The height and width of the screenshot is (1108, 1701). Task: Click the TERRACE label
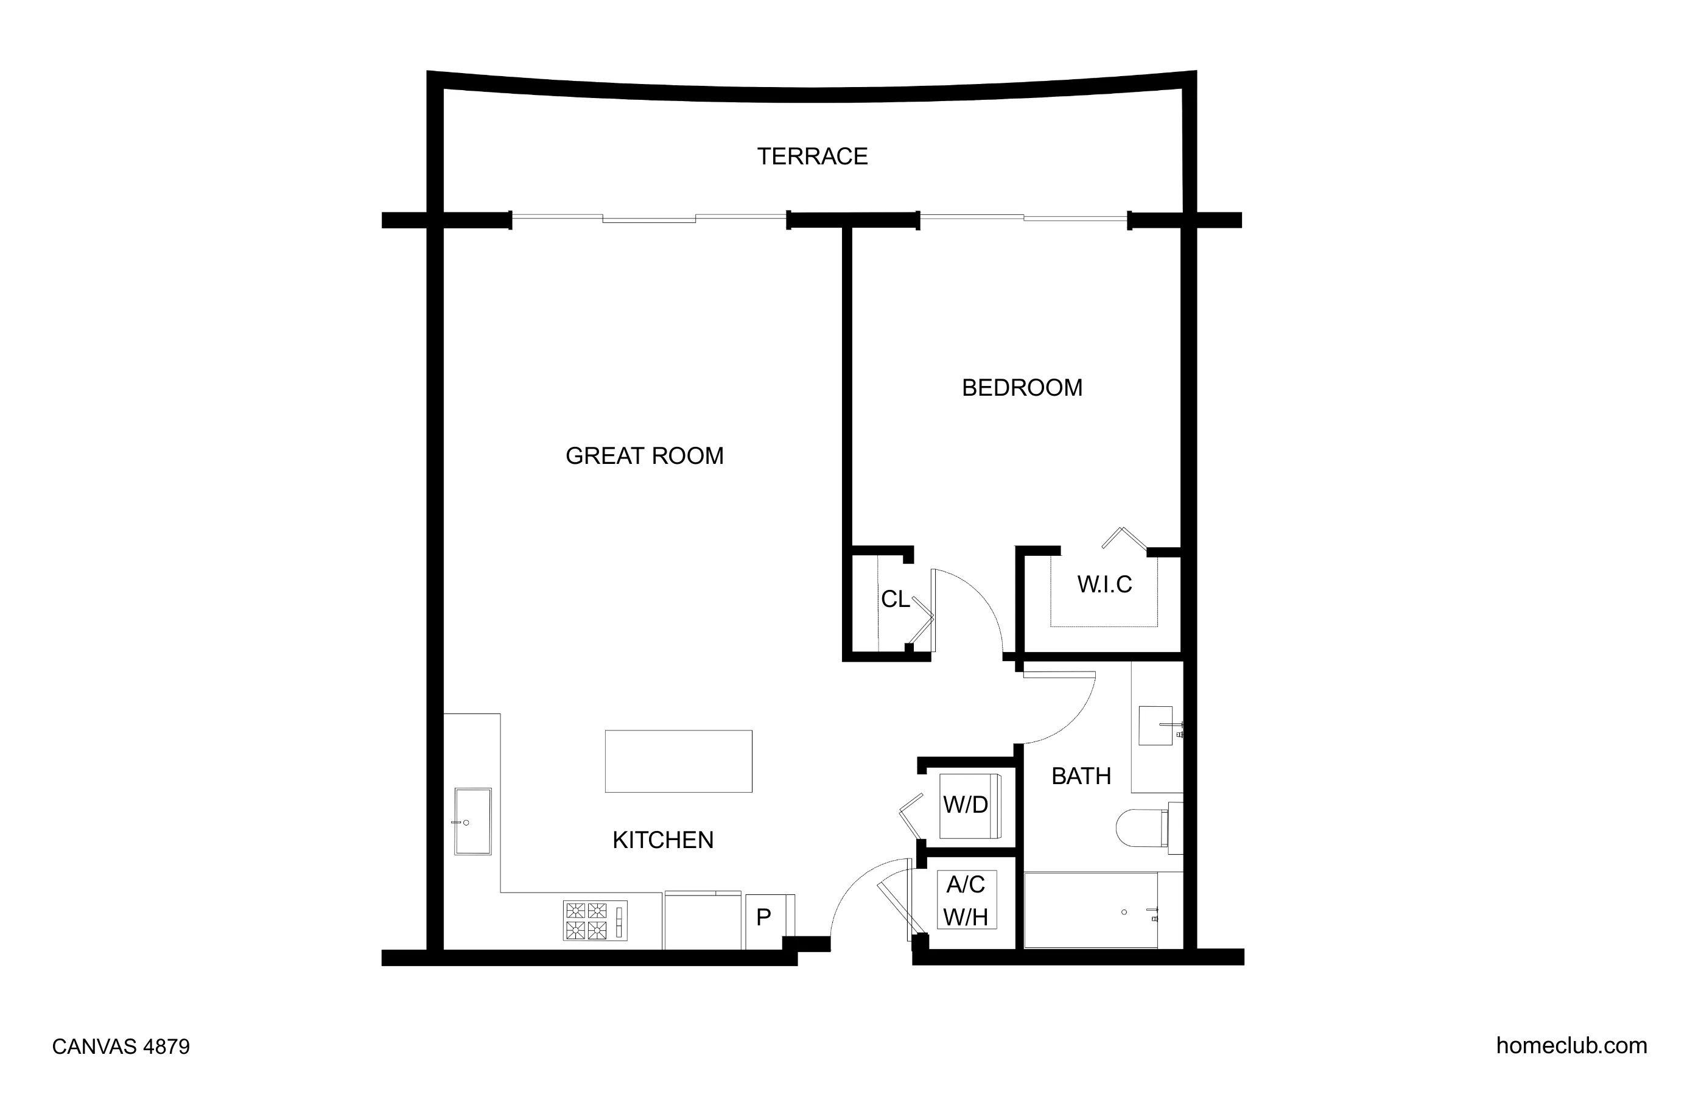pos(812,156)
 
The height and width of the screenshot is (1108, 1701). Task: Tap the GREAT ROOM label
pos(644,455)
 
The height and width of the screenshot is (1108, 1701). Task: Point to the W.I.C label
pos(1104,584)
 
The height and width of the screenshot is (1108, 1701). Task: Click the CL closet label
pos(895,599)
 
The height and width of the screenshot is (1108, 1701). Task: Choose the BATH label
pos(1081,776)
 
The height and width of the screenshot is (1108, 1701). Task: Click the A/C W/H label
pos(966,900)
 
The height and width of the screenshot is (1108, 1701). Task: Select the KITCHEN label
pos(662,840)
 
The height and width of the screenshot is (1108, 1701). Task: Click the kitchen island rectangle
pos(678,762)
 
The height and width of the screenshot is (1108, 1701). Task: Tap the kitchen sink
pos(473,822)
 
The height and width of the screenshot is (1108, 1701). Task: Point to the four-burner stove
pos(595,920)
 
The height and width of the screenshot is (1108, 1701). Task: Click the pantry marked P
pos(764,917)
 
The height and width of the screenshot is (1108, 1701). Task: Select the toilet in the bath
pos(1143,828)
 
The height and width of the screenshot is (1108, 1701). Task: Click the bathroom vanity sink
pos(1155,726)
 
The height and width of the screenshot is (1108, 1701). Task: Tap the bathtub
pos(1090,910)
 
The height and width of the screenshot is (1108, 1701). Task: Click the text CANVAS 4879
pos(121,1047)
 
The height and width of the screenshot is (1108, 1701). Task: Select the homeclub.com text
pos(1571,1045)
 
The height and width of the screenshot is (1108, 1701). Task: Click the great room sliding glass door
pos(649,218)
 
